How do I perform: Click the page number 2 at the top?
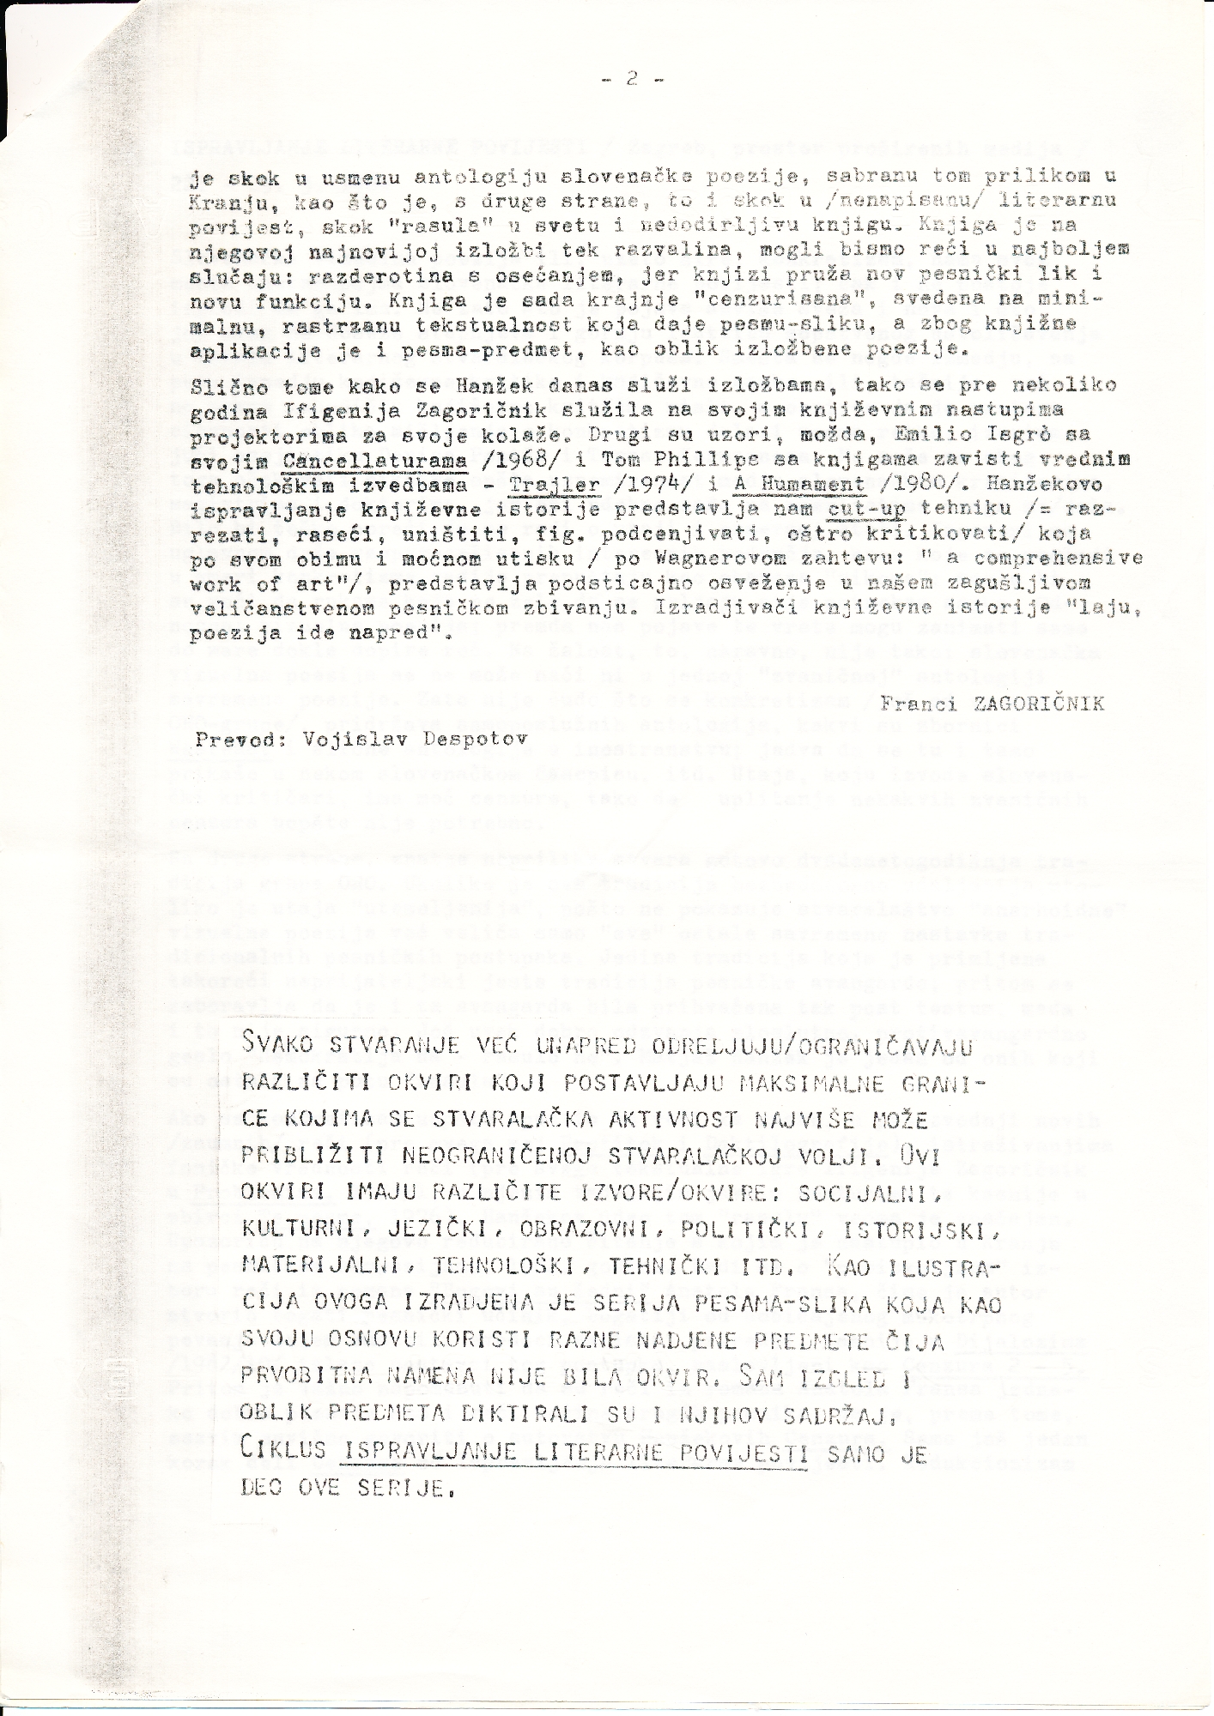point(632,78)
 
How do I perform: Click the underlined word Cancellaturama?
point(374,462)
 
